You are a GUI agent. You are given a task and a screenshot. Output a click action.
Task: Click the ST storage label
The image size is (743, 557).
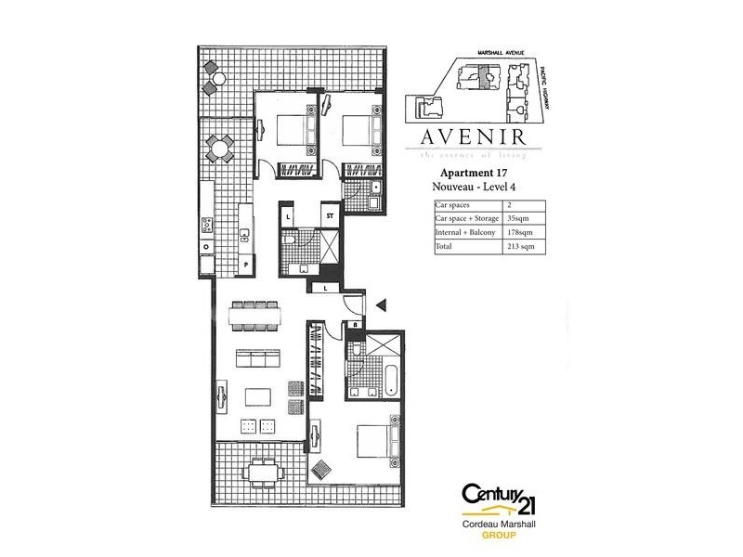pos(329,216)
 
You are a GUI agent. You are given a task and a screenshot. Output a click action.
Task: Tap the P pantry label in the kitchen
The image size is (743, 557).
pos(246,265)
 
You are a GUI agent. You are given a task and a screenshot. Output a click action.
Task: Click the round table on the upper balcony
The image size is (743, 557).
pos(221,147)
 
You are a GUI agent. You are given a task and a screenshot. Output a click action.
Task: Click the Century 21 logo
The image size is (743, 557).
pos(498,505)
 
